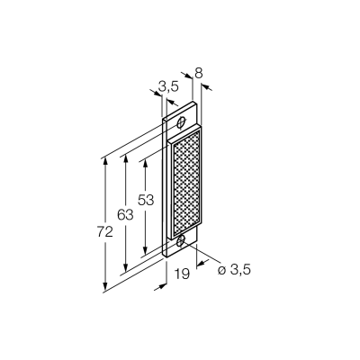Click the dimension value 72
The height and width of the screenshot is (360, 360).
click(x=105, y=231)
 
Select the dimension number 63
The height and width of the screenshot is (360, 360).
click(x=125, y=215)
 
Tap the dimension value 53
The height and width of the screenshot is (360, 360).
click(x=146, y=200)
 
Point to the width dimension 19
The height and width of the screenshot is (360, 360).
click(x=183, y=274)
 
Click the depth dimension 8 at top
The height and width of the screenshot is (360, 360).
click(x=199, y=73)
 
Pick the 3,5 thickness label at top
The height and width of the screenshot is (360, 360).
click(x=168, y=87)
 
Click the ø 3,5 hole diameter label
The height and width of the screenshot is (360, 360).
click(x=234, y=270)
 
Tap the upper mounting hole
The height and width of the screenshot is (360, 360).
click(x=181, y=122)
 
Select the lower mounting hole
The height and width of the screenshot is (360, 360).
click(x=181, y=240)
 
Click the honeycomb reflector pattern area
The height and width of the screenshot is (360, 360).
click(x=187, y=186)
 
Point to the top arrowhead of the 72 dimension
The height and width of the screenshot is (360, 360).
click(x=105, y=161)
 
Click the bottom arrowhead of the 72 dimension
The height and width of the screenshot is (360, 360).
click(x=105, y=287)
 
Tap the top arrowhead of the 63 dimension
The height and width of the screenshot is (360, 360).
click(x=126, y=158)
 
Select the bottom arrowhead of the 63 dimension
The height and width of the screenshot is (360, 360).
click(x=126, y=266)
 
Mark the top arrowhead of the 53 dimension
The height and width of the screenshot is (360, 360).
click(x=146, y=162)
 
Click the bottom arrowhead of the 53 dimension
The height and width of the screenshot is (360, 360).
click(x=146, y=250)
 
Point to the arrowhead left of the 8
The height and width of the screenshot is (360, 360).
click(x=188, y=76)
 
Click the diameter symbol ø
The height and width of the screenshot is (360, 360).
click(x=221, y=271)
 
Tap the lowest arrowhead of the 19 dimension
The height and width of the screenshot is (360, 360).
click(x=162, y=287)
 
